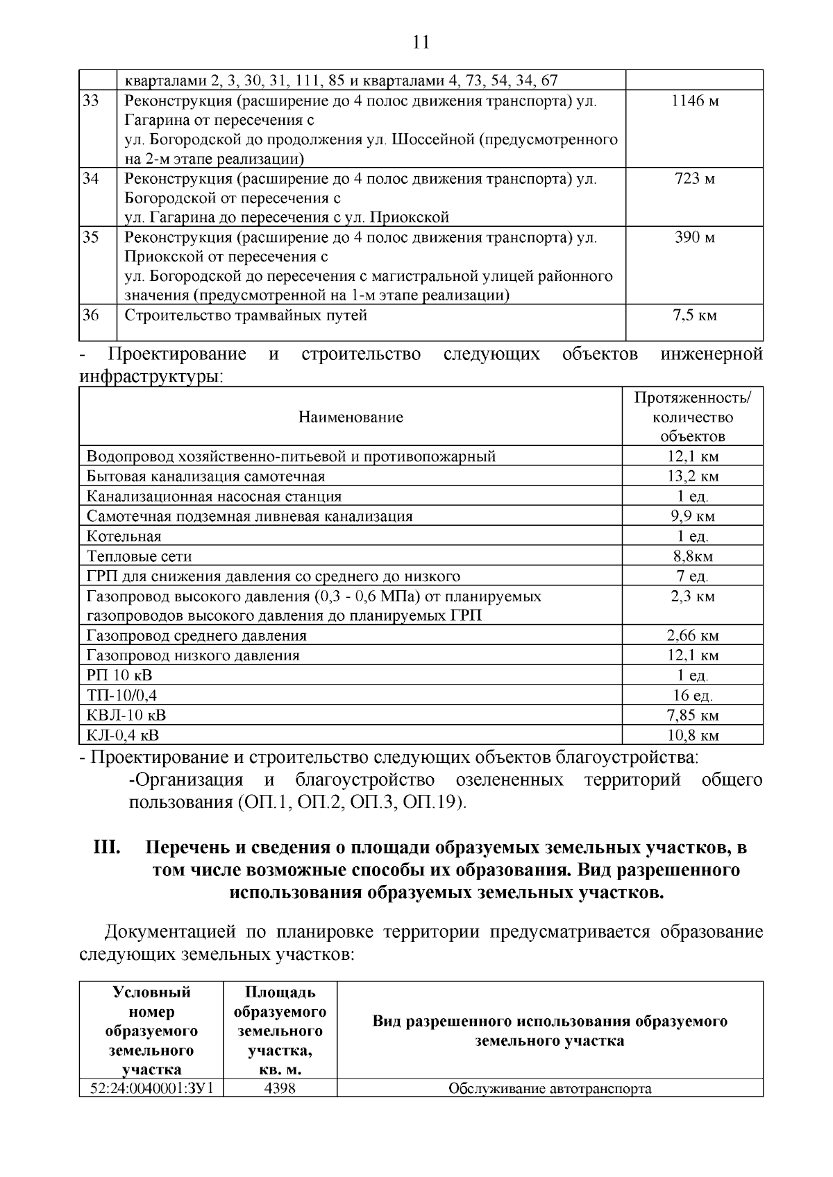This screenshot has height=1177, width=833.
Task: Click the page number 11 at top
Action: [x=421, y=42]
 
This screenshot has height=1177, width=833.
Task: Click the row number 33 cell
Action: [x=90, y=101]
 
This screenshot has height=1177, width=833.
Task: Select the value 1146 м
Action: [x=694, y=101]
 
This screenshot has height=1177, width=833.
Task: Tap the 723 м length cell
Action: [x=694, y=179]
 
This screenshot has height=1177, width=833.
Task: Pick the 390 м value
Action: [x=694, y=238]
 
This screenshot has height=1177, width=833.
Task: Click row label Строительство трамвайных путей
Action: [x=246, y=316]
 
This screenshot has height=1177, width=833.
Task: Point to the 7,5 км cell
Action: [x=694, y=316]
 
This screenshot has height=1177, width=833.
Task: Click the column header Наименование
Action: [x=351, y=417]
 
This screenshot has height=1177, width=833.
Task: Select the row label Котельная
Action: [x=124, y=536]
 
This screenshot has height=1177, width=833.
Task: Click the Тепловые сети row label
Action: [x=140, y=556]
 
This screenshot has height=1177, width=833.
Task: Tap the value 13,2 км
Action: [x=693, y=476]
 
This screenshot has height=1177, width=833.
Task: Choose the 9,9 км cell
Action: [x=693, y=517]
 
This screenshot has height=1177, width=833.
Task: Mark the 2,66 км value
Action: [x=693, y=636]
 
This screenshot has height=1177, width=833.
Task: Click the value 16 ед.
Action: [x=693, y=696]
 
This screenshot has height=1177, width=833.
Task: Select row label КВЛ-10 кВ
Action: [x=126, y=716]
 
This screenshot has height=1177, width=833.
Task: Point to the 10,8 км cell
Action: [x=693, y=736]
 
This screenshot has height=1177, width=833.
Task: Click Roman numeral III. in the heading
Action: [x=108, y=848]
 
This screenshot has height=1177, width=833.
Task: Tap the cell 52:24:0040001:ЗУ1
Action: [x=151, y=1088]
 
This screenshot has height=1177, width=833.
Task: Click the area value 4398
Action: [x=280, y=1088]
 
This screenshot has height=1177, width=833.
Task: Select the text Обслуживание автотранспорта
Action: [x=550, y=1088]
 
